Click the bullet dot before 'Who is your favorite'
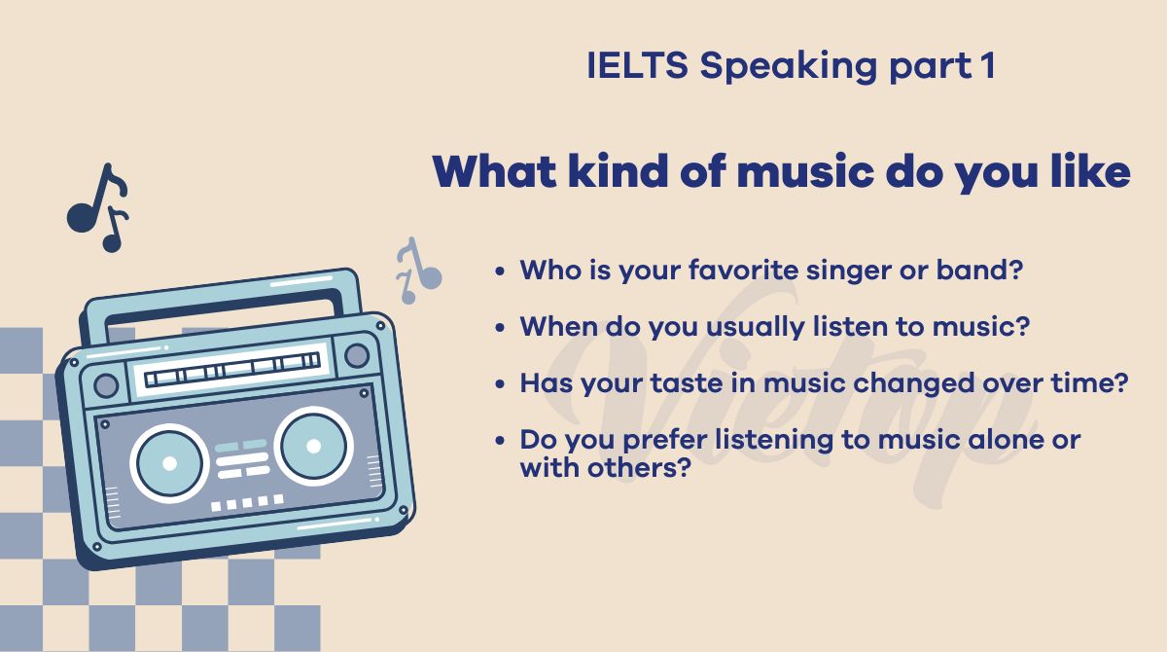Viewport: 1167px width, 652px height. [x=500, y=272]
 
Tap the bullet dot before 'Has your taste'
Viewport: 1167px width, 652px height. [x=500, y=384]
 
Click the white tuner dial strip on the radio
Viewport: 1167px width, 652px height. [x=229, y=371]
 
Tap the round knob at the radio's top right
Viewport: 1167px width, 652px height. [x=357, y=355]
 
